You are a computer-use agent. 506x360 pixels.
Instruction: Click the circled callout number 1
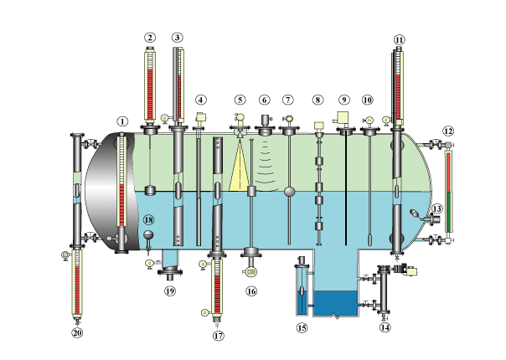click(x=122, y=121)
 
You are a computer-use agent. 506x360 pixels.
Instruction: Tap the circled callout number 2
click(x=150, y=38)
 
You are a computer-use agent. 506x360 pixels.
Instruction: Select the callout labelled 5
click(x=240, y=100)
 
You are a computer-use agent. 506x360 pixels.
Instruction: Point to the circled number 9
click(x=343, y=100)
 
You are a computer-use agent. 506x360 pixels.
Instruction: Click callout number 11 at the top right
click(x=399, y=39)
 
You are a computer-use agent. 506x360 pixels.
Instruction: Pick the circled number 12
click(x=448, y=131)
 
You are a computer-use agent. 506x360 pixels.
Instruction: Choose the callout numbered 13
click(x=437, y=208)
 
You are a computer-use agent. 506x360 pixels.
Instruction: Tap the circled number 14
click(x=385, y=328)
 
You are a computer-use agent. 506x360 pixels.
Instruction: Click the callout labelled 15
click(x=302, y=328)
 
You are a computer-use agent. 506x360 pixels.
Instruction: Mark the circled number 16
click(x=250, y=291)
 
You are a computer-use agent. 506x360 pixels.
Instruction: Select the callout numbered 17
click(x=219, y=336)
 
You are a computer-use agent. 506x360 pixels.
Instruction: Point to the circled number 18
click(x=148, y=219)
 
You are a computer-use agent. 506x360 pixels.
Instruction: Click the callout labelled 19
click(x=170, y=291)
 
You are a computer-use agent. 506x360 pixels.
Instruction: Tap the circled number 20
click(x=78, y=332)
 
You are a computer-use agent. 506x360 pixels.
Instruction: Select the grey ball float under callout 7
click(x=289, y=192)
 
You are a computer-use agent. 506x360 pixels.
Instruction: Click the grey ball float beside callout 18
click(x=148, y=234)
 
